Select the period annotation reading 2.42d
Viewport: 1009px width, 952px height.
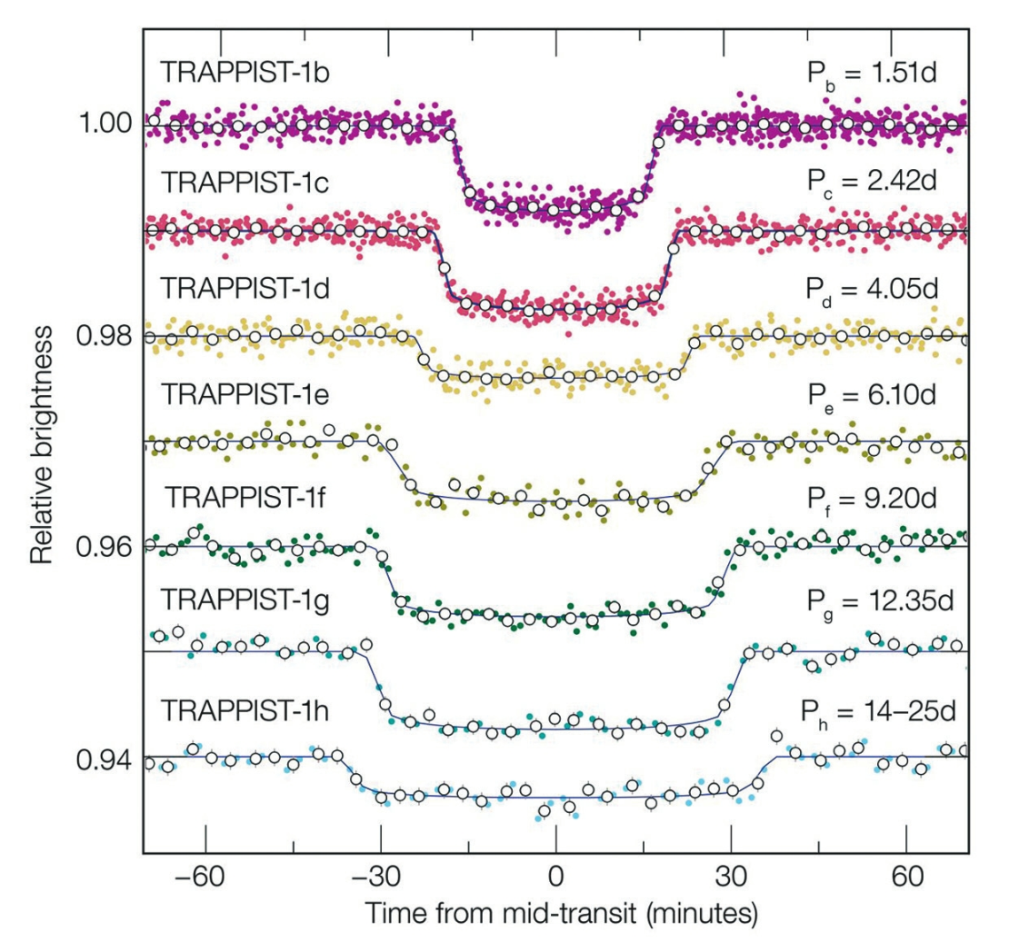pyautogui.click(x=874, y=182)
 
